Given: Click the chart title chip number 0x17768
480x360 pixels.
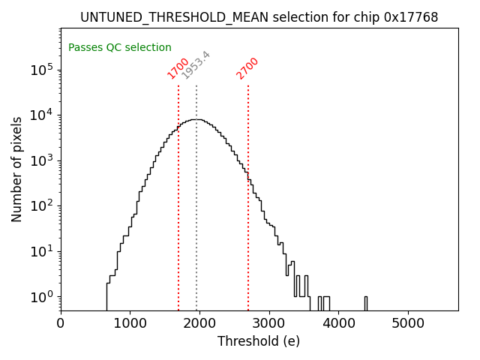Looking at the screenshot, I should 410,17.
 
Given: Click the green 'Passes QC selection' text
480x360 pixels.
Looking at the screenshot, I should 120,47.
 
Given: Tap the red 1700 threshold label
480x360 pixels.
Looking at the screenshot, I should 178,68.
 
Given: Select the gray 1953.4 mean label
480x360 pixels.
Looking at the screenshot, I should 196,65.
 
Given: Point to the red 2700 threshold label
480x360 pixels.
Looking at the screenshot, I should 247,68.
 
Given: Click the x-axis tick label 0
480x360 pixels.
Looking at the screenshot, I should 61,323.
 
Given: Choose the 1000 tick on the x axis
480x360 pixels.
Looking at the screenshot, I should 130,323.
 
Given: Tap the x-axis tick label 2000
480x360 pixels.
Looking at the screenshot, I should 199,323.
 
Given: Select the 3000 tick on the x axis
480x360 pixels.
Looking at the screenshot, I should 269,323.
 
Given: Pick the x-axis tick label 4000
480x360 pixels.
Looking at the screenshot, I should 338,323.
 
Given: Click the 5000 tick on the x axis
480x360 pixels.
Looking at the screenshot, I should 408,323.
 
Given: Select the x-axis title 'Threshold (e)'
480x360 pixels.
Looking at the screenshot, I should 259,341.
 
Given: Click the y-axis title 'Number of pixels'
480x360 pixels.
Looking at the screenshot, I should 17,170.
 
